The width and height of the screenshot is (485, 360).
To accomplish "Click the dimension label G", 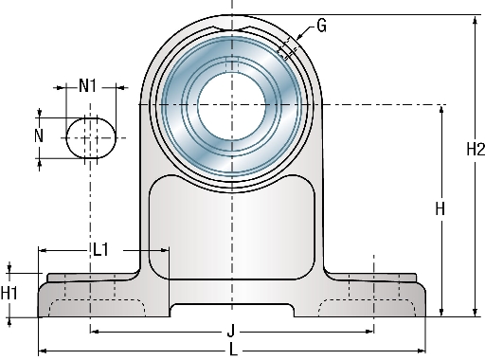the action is (x=321, y=26).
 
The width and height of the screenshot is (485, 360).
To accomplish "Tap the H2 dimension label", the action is (x=476, y=149).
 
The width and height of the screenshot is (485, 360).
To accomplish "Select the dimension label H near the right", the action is (x=440, y=208).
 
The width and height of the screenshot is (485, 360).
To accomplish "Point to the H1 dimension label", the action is (x=9, y=293).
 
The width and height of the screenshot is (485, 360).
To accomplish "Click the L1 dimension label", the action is (x=100, y=250).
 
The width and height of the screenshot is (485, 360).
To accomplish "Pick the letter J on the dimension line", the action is (x=231, y=332).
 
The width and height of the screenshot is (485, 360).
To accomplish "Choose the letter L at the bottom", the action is (x=233, y=350).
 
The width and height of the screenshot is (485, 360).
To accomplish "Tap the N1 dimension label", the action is (x=87, y=85).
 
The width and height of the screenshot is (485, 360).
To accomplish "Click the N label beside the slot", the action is (x=39, y=135).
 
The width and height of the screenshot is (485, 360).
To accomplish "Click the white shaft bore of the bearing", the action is (x=231, y=106).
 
